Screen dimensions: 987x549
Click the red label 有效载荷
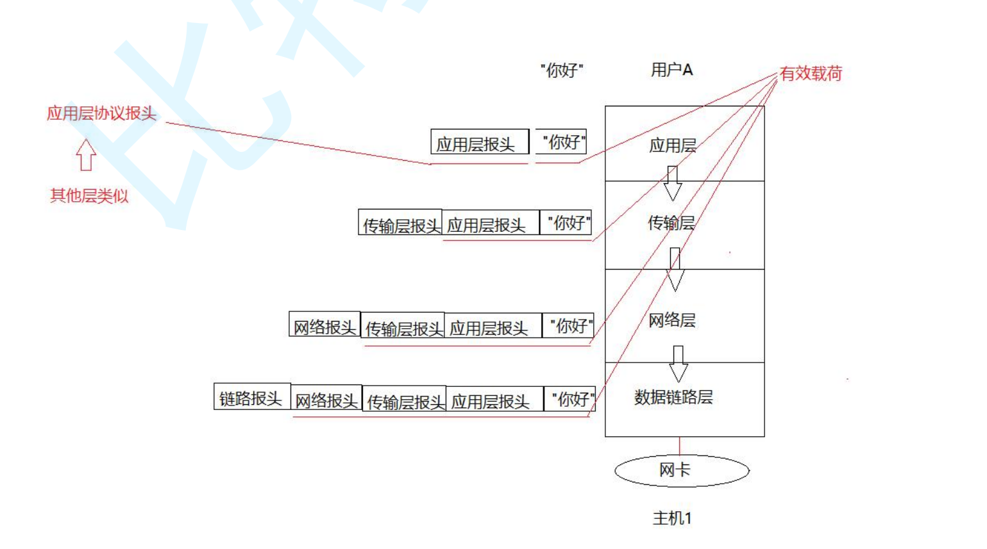[x=811, y=74]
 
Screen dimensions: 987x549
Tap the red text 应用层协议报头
[x=101, y=113]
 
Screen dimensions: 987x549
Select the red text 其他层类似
[x=89, y=195]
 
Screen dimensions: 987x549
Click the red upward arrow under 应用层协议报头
[x=86, y=155]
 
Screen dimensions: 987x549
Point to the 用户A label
[x=671, y=70]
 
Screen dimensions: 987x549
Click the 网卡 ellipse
[x=681, y=470]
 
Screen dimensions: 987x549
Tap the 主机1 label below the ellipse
[x=672, y=518]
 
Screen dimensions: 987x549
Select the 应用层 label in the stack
[x=673, y=145]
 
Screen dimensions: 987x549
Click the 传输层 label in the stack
[x=671, y=223]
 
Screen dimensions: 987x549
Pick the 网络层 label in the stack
[x=671, y=320]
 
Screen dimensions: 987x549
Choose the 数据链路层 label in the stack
[x=673, y=397]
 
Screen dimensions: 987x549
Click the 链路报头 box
[x=251, y=398]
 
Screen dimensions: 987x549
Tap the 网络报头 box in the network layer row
[x=325, y=326]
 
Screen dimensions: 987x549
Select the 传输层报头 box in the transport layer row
[x=400, y=224]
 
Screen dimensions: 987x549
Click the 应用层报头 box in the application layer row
[x=479, y=143]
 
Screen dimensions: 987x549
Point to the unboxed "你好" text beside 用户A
[x=562, y=70]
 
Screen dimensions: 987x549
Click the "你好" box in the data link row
[x=570, y=399]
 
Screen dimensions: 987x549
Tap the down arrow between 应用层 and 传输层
[x=672, y=183]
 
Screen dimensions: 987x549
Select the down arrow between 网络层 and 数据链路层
[x=678, y=363]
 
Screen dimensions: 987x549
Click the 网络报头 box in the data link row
[x=326, y=400]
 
